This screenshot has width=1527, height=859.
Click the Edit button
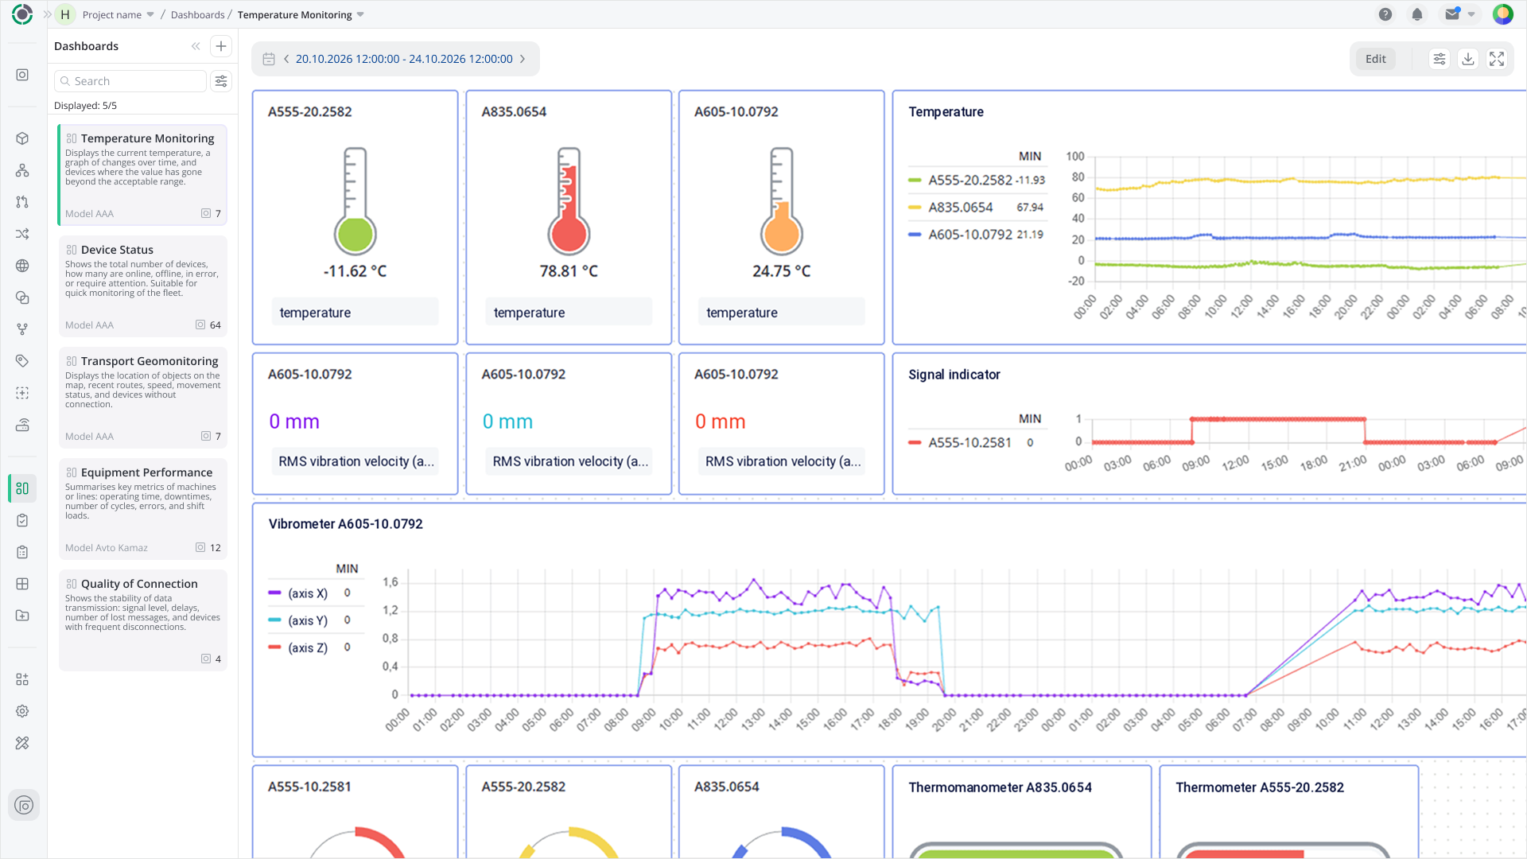click(1375, 59)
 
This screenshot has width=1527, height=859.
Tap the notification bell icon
click(1417, 14)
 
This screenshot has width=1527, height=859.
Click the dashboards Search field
click(130, 81)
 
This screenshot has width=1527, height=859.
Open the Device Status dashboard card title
click(117, 250)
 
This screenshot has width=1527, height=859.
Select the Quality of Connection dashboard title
click(139, 584)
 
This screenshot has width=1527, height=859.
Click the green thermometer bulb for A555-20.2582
click(355, 235)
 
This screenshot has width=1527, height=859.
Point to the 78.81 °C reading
click(569, 271)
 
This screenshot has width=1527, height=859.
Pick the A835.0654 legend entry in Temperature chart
click(961, 208)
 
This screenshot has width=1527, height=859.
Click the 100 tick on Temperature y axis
click(1075, 157)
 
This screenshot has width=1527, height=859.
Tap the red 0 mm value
click(721, 422)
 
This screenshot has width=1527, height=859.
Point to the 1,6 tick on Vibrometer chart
click(390, 582)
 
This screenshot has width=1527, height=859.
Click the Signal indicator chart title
click(954, 375)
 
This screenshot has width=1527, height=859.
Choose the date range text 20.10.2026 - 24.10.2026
click(404, 59)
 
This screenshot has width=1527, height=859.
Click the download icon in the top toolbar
click(1468, 59)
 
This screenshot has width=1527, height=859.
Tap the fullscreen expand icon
click(1497, 59)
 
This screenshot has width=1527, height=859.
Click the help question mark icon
click(1385, 14)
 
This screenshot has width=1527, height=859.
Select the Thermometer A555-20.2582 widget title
click(1260, 787)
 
